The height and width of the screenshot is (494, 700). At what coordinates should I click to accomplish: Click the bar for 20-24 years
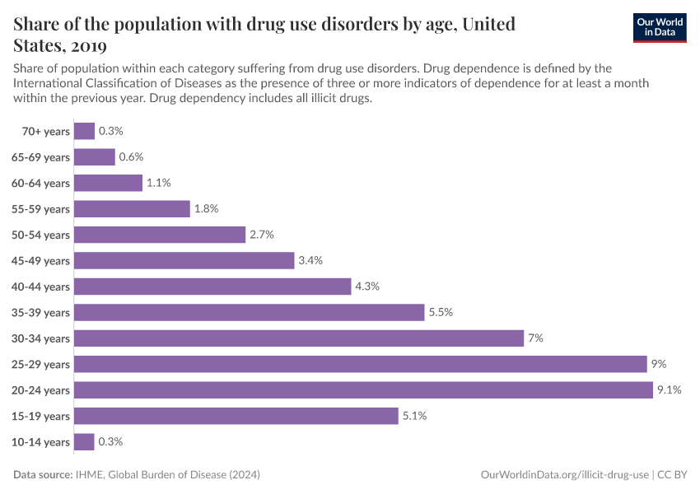tap(363, 390)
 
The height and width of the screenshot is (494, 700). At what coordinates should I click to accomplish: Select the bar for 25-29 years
tap(360, 364)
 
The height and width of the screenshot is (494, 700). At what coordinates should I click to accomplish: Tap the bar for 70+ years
tap(84, 131)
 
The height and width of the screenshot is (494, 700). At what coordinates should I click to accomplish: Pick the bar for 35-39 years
tap(249, 312)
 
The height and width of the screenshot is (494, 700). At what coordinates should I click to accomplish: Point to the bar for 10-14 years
tap(84, 442)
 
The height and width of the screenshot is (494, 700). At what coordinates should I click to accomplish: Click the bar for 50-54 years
tap(160, 235)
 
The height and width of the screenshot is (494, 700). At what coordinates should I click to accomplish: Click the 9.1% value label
tap(669, 390)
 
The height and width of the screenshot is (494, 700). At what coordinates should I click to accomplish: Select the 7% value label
tap(536, 338)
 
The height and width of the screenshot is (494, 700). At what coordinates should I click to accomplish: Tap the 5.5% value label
tap(441, 312)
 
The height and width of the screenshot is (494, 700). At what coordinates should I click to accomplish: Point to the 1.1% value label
tap(158, 183)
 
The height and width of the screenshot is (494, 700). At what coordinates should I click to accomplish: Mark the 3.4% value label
tap(310, 260)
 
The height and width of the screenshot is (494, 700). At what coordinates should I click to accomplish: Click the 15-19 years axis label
tap(40, 416)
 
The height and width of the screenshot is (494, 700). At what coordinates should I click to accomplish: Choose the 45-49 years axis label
tap(40, 260)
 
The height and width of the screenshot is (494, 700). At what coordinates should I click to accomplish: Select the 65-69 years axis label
tap(40, 156)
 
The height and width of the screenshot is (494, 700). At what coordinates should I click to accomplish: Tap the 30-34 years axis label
tap(40, 338)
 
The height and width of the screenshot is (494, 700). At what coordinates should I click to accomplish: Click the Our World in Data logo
tap(660, 27)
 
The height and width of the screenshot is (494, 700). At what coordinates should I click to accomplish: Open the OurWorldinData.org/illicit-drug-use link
tap(563, 475)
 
